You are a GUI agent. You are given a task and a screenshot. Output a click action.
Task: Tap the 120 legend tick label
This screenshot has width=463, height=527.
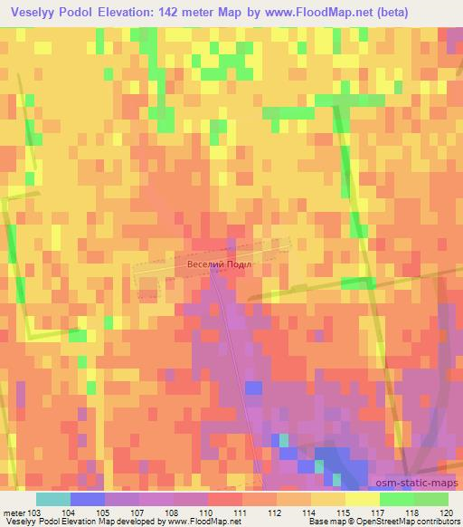445,512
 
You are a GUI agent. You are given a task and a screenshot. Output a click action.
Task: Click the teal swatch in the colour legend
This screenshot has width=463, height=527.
53,499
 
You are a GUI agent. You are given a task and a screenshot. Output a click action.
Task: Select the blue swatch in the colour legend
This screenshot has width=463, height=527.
88,499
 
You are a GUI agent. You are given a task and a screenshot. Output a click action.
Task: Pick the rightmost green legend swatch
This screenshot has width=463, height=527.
431,499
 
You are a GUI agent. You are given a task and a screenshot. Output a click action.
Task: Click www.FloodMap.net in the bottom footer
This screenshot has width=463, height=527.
203,522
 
